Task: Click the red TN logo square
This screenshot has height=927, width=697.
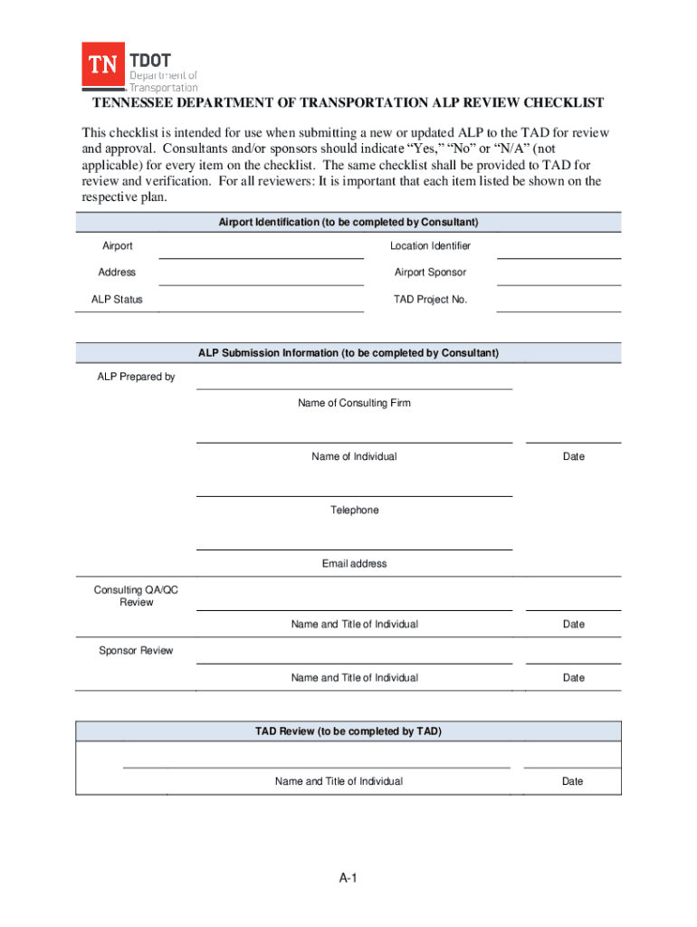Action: tap(103, 66)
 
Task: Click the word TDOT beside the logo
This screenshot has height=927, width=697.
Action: tap(150, 60)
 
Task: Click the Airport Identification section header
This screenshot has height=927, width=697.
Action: tap(348, 222)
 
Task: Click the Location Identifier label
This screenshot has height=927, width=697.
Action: tap(430, 246)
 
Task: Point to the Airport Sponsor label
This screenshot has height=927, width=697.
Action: tap(430, 272)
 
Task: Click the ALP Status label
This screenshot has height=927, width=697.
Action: tap(117, 300)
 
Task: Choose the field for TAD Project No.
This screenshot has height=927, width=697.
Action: tap(559, 301)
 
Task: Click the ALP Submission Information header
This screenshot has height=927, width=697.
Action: tap(348, 353)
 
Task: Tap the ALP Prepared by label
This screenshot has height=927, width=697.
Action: tap(136, 377)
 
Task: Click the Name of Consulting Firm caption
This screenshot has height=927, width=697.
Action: tap(354, 403)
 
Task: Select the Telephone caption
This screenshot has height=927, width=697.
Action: tap(354, 511)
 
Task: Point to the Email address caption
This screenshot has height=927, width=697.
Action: tap(354, 564)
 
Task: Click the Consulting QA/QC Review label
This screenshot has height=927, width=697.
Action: tap(136, 596)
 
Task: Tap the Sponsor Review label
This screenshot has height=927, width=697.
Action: tap(136, 651)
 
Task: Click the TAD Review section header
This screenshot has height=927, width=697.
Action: tap(348, 731)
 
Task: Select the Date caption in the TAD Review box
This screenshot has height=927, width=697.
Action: tap(572, 781)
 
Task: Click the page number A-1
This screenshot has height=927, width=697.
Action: tap(349, 878)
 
